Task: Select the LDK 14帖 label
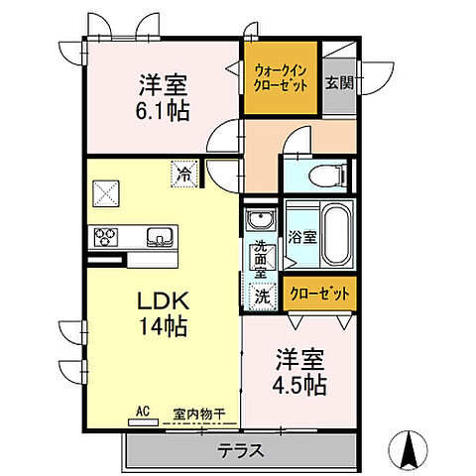pos(157,311)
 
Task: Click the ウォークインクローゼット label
pos(282,77)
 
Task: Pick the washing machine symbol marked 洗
pos(261,295)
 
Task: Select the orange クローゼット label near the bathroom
pos(317,294)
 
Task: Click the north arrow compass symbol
pos(407,451)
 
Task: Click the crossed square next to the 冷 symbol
pos(107,191)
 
